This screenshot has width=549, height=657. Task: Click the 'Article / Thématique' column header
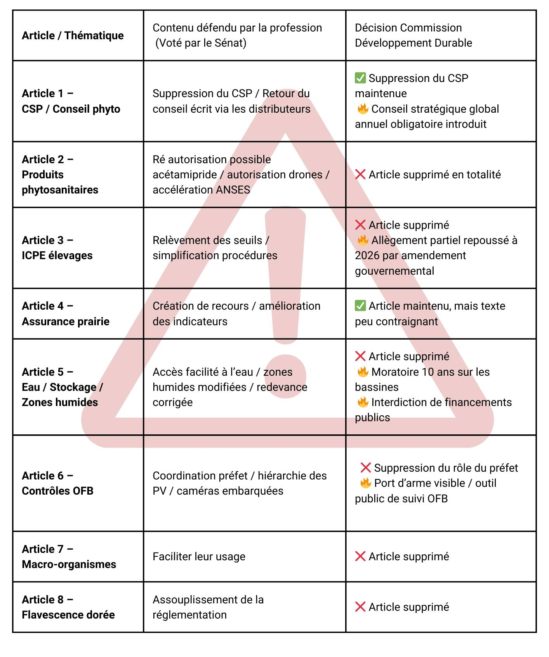(x=73, y=35)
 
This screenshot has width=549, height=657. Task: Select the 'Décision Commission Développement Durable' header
(x=413, y=35)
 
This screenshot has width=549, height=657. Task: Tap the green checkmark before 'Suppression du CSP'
(x=360, y=78)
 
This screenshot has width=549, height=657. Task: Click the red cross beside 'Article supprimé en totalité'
(x=360, y=174)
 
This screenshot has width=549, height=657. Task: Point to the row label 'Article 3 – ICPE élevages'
(x=57, y=247)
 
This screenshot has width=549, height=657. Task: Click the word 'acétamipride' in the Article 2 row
(x=184, y=174)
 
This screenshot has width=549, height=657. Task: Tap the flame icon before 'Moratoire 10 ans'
(x=363, y=372)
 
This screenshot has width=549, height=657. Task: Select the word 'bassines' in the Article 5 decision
(x=377, y=387)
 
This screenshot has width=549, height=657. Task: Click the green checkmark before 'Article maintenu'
(x=360, y=306)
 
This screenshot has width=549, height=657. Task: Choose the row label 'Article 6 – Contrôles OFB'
(x=57, y=483)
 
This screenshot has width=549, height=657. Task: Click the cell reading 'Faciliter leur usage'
(x=199, y=556)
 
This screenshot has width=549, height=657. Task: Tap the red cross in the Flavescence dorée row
(x=360, y=606)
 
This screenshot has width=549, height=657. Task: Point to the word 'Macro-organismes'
(x=69, y=564)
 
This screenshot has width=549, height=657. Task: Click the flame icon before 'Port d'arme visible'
(x=365, y=483)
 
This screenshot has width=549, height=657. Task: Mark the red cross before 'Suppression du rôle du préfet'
(x=365, y=467)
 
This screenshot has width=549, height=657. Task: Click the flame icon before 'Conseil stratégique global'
(x=363, y=109)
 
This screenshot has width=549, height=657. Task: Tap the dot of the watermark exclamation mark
(x=286, y=376)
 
